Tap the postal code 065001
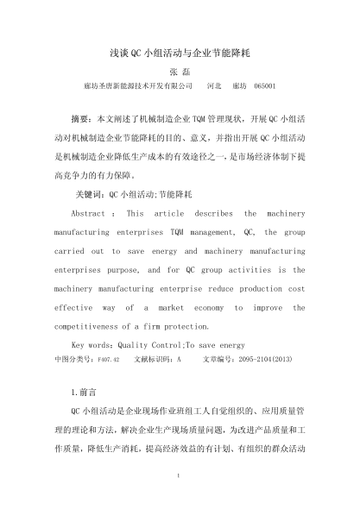(263, 87)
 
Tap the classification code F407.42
(108, 356)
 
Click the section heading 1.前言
(88, 391)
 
